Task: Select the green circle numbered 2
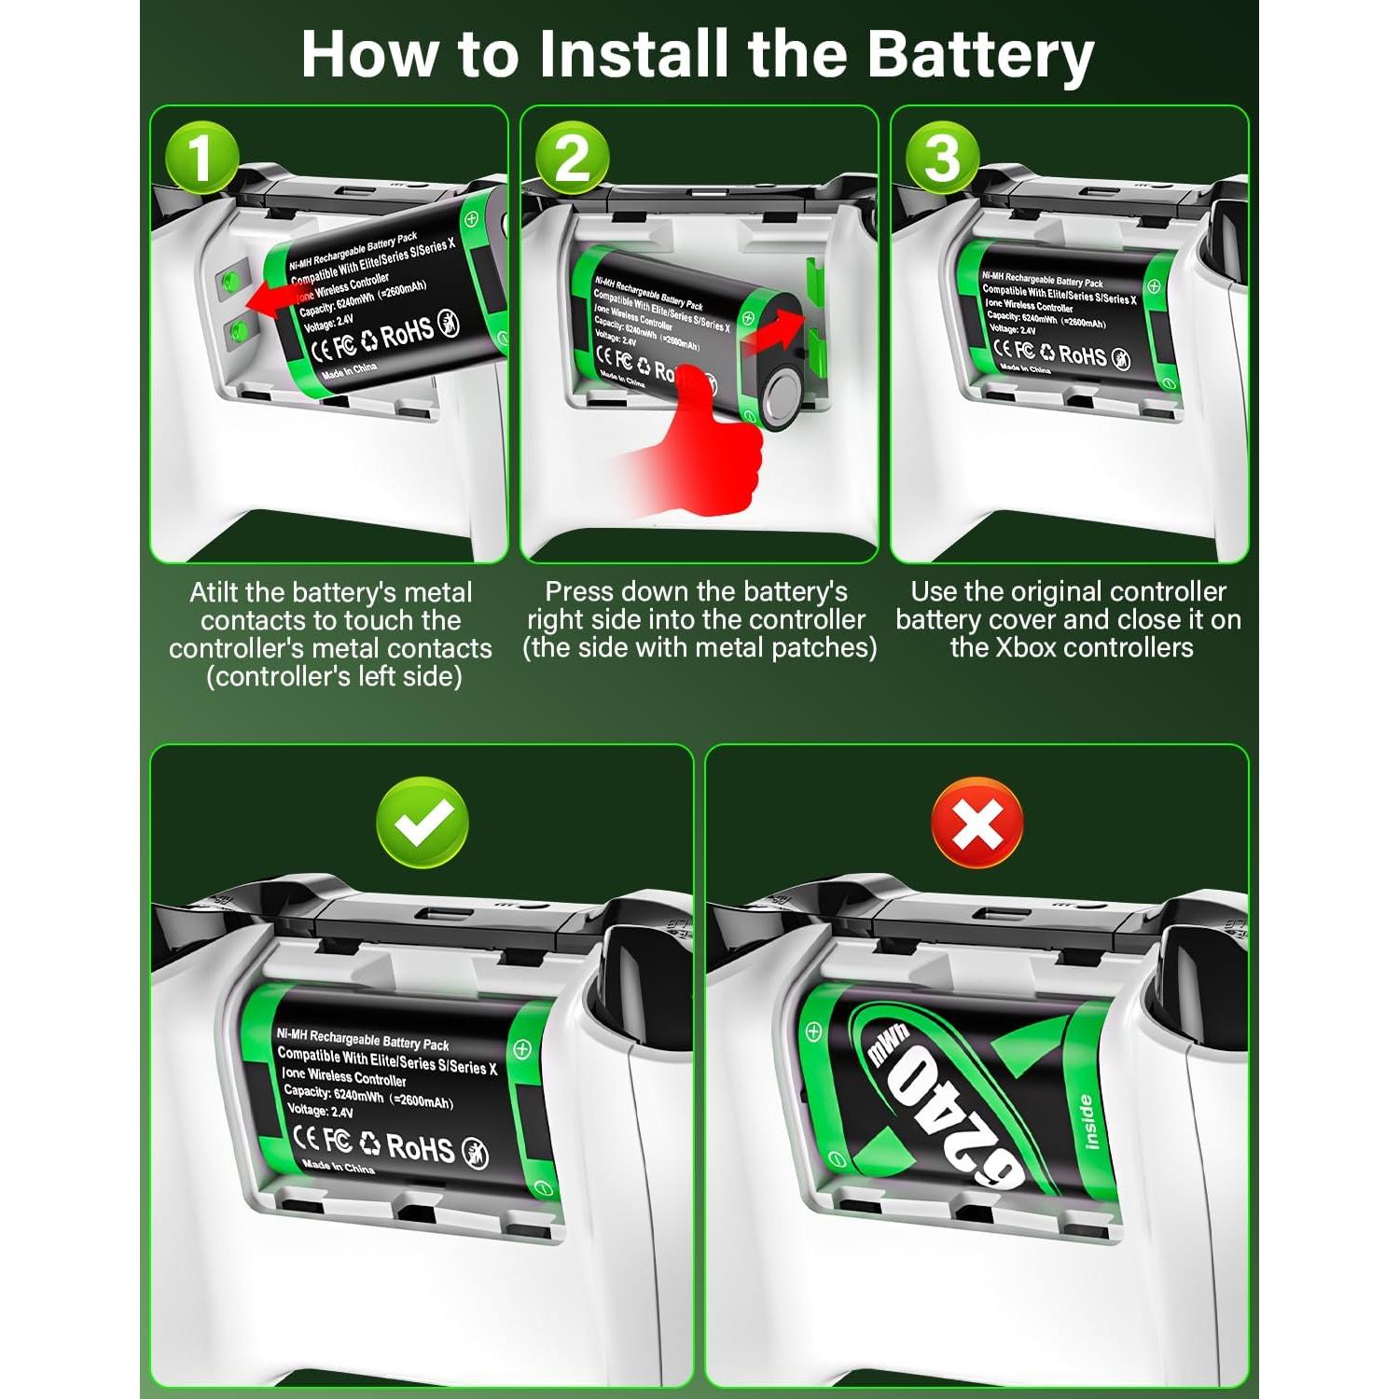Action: pyautogui.click(x=572, y=159)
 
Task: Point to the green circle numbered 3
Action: pyautogui.click(x=942, y=159)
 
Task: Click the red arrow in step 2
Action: pyautogui.click(x=774, y=332)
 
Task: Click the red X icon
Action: pyautogui.click(x=977, y=823)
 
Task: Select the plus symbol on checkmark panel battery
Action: pyautogui.click(x=522, y=1048)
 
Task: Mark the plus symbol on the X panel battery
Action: pyautogui.click(x=813, y=1032)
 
